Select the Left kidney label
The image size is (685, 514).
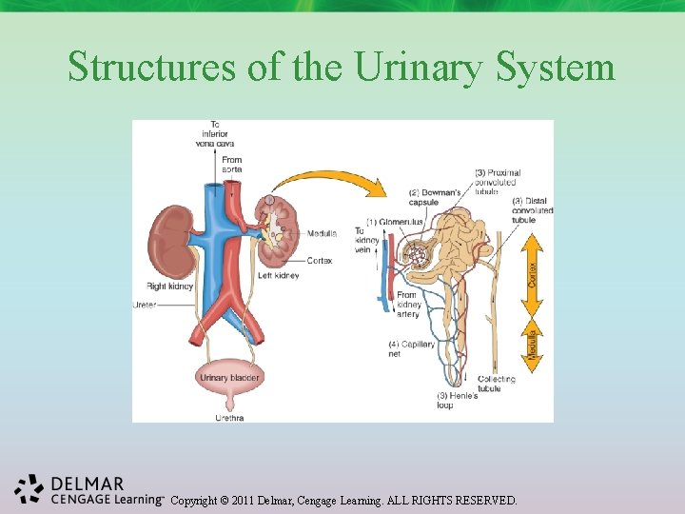[x=279, y=276]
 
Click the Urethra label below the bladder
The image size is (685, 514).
[x=229, y=417]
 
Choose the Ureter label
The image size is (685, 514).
[x=146, y=305]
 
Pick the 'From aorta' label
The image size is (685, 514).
[x=231, y=165]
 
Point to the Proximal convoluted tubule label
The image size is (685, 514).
[x=496, y=181]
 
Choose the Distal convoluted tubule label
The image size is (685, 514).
[x=531, y=210]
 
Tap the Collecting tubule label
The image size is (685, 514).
[x=497, y=383]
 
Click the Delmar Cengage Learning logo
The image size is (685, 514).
[x=86, y=488]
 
